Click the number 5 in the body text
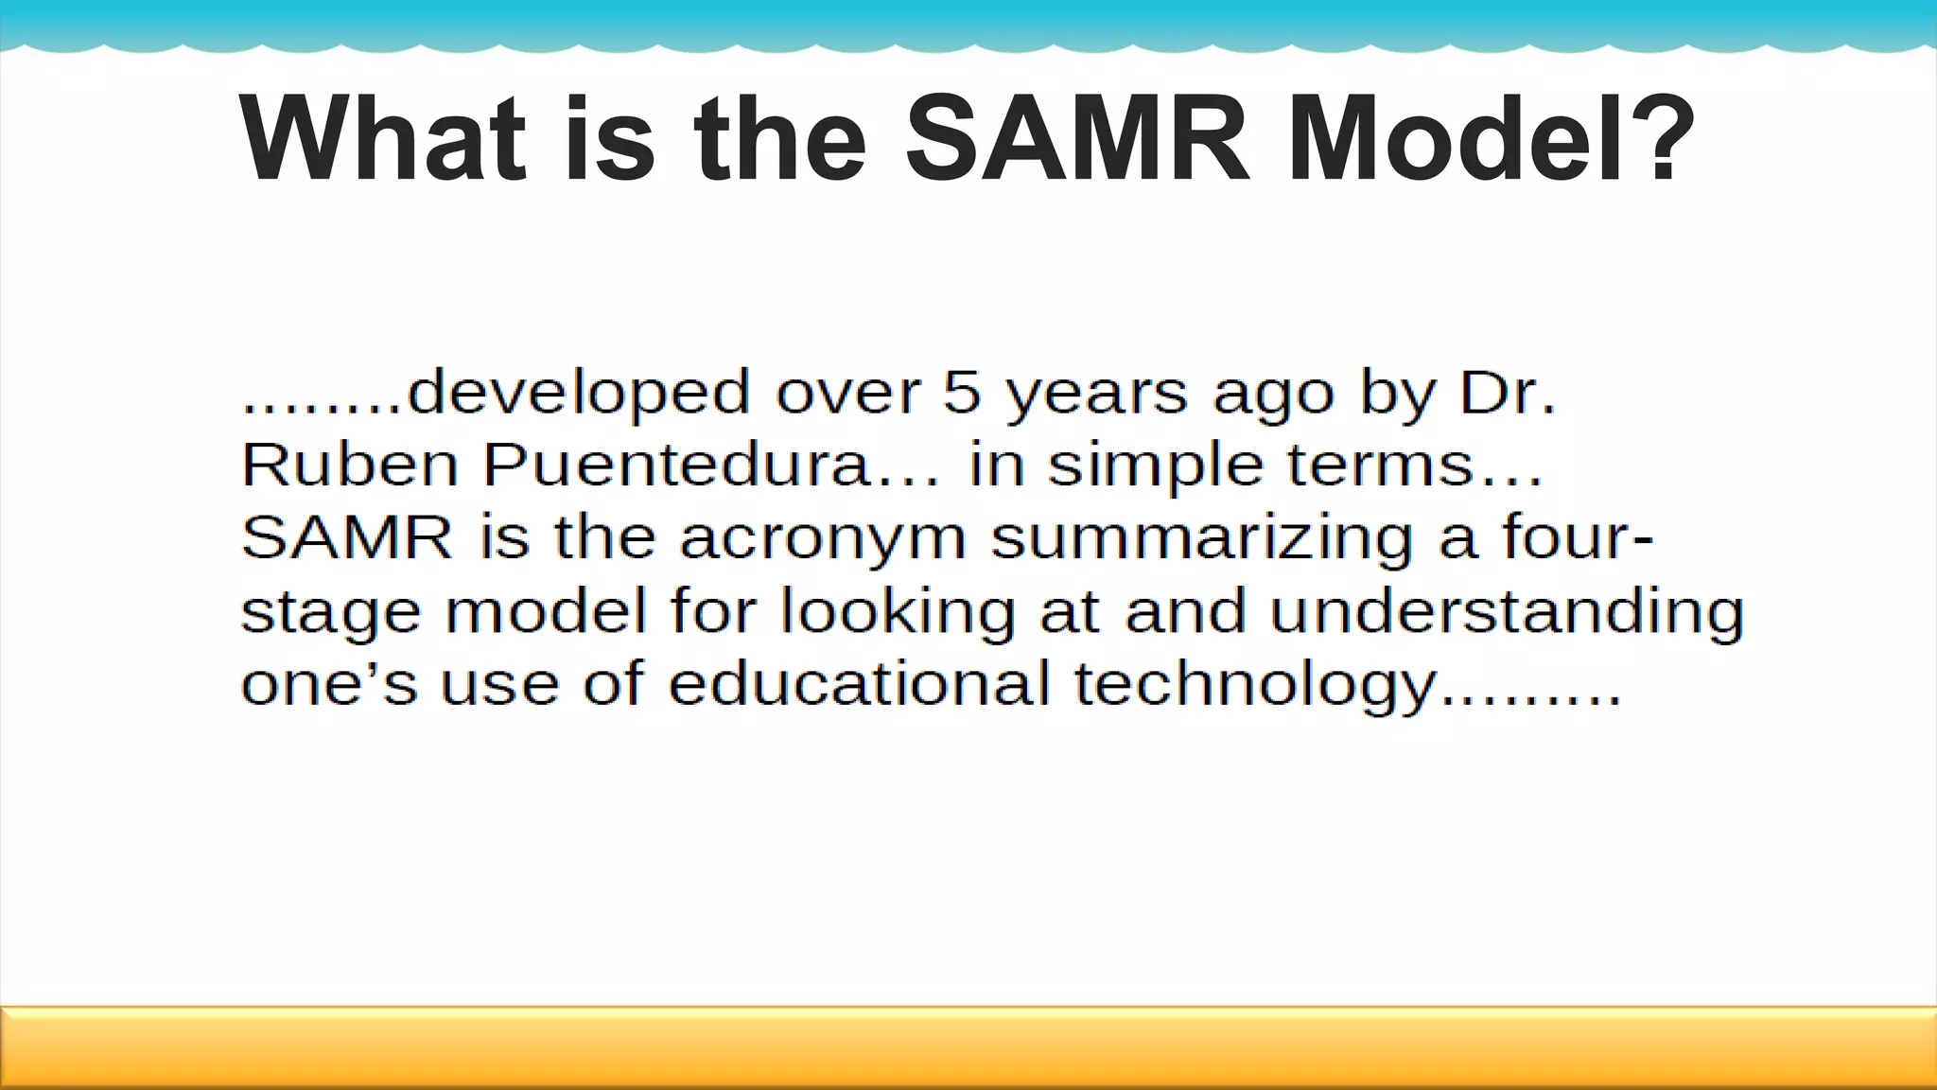pyautogui.click(x=962, y=393)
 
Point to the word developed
pyautogui.click(x=579, y=393)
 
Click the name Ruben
pyautogui.click(x=349, y=466)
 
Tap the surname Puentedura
pyautogui.click(x=701, y=466)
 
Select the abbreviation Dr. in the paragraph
pyautogui.click(x=1507, y=393)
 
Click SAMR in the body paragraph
pyautogui.click(x=347, y=537)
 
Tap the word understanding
pyautogui.click(x=1506, y=611)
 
